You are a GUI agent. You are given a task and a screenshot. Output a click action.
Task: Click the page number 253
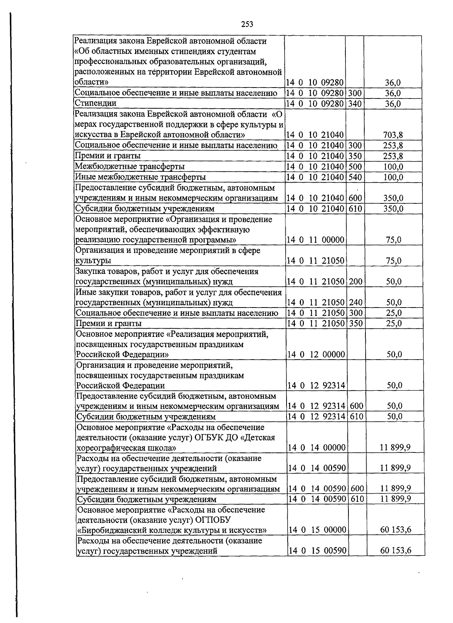coord(247,24)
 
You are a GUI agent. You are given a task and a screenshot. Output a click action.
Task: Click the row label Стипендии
coord(96,103)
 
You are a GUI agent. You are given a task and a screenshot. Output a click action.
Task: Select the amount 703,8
coord(393,135)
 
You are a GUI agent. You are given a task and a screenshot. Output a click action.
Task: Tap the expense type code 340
coord(354,103)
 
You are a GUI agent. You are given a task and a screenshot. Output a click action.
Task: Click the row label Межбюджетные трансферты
coord(129,166)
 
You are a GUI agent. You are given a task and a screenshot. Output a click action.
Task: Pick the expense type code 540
coord(354,177)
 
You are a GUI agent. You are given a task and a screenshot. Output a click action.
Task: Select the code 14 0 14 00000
coord(316,448)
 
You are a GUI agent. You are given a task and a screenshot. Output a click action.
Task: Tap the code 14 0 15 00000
coord(317,530)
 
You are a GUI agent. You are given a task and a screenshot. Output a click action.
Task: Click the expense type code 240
coord(355,302)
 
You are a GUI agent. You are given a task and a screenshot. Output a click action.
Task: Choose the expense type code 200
coord(355,282)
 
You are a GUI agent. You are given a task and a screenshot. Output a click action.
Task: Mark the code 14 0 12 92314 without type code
coord(316,386)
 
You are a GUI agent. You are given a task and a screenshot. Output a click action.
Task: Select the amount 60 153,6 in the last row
coord(395,551)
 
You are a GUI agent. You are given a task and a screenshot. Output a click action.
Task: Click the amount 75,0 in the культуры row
coord(393,261)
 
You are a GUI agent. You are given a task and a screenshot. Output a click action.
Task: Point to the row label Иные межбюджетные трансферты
coord(140,177)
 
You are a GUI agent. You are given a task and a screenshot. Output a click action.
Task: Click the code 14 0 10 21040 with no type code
coord(314,135)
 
